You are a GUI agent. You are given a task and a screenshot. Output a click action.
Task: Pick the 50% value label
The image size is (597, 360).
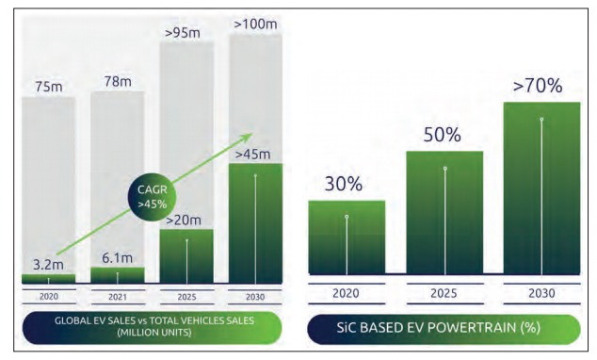click(x=443, y=135)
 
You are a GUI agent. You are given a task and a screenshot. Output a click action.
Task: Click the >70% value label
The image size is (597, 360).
click(x=540, y=87)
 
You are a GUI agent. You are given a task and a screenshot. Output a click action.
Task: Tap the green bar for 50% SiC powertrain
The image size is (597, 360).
click(x=444, y=212)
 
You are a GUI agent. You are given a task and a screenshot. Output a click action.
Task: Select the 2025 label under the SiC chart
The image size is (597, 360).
click(x=444, y=293)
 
